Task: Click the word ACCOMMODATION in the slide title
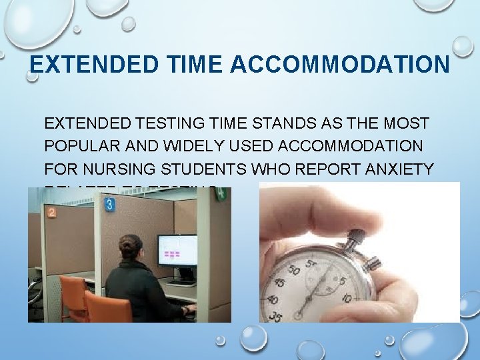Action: pyautogui.click(x=340, y=65)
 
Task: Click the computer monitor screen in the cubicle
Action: pyautogui.click(x=177, y=249)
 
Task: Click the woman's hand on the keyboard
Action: pyautogui.click(x=192, y=308)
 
